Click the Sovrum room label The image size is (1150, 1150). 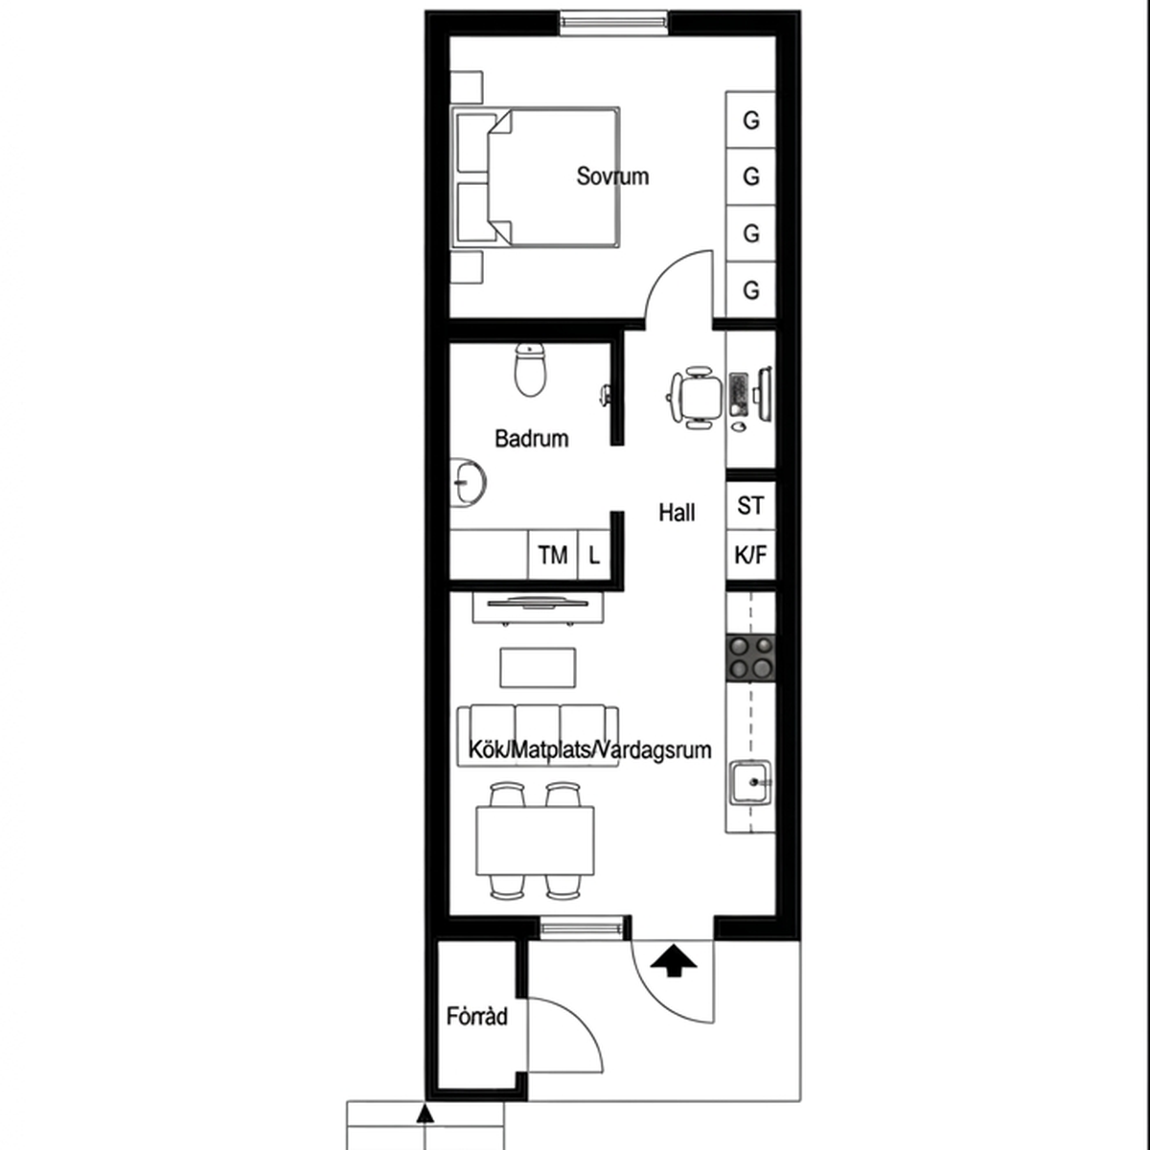612,176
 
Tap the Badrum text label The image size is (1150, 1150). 531,439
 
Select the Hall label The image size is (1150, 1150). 677,513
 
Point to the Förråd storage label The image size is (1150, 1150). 477,1016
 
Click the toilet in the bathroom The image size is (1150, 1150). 530,369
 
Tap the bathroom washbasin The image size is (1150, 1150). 468,482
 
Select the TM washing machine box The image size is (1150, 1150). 553,555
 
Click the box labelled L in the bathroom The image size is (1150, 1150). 594,555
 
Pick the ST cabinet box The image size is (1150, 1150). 750,505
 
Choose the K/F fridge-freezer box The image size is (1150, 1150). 750,555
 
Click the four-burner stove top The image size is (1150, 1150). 750,658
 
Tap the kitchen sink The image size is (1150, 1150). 750,782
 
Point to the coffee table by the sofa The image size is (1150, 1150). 538,668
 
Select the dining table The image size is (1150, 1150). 535,840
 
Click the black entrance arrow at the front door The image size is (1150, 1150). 673,959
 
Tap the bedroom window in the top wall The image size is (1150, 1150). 613,23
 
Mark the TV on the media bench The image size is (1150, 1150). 537,603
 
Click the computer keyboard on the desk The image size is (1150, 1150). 739,395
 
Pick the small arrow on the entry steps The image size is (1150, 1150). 425,1114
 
